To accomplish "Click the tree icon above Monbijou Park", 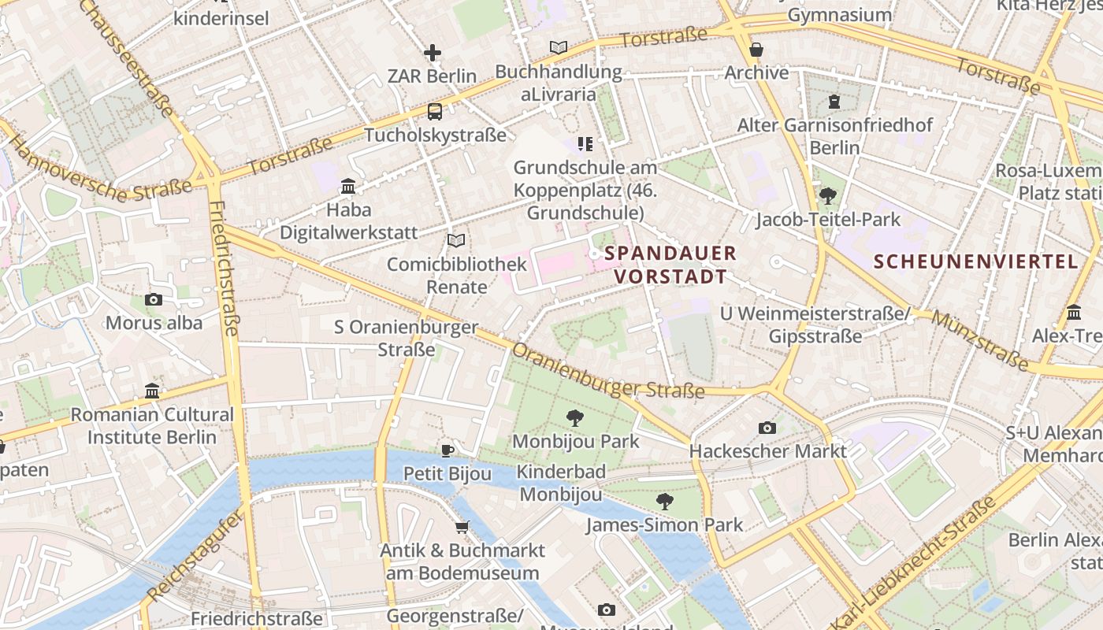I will [575, 418].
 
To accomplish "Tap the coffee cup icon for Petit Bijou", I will [448, 450].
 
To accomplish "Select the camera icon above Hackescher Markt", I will [767, 428].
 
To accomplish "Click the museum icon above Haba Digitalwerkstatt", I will [348, 187].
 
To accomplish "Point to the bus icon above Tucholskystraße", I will [435, 112].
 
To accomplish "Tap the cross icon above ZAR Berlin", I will [433, 53].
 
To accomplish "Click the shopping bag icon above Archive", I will [756, 50].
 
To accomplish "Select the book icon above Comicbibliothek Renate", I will [456, 240].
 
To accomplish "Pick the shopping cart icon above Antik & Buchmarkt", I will [462, 527].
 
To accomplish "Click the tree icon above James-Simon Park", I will [665, 501].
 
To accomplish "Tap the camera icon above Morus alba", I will [154, 299].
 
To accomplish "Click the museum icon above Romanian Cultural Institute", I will [152, 391].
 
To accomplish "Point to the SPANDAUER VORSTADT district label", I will [670, 265].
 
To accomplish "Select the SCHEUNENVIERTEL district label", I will [975, 261].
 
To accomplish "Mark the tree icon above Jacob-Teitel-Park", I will [827, 195].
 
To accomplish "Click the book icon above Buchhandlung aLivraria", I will [559, 47].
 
